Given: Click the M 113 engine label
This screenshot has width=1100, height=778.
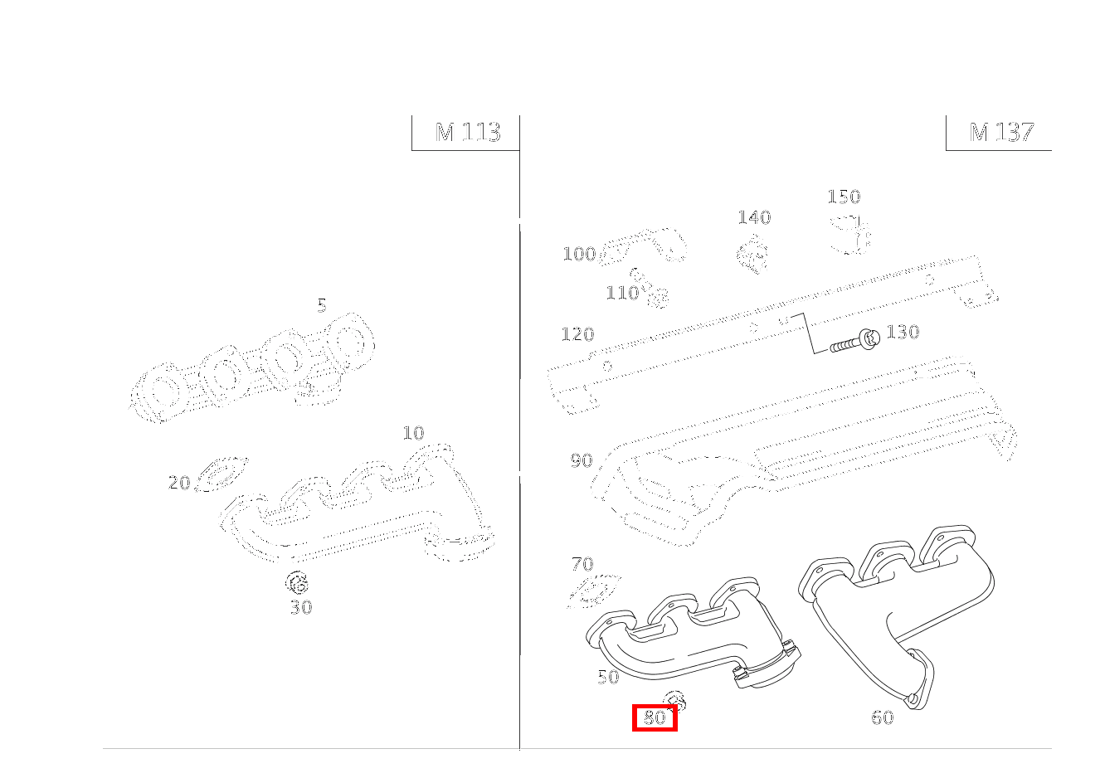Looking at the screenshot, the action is [x=468, y=132].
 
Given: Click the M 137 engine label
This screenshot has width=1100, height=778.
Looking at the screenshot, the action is [x=1002, y=132].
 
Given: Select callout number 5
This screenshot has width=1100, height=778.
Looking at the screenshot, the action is [x=322, y=306].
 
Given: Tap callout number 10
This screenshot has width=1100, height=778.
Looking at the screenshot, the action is [x=413, y=433].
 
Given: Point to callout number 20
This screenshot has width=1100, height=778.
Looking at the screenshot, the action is [x=179, y=483].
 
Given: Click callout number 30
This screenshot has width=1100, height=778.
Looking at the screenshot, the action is [x=301, y=608].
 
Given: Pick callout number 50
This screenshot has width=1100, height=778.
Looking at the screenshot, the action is [x=608, y=677].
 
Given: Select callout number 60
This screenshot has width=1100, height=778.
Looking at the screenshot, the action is [x=883, y=717].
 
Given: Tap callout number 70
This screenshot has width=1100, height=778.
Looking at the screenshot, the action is [x=582, y=564].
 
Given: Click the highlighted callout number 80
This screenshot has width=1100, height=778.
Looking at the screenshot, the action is [x=655, y=717].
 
